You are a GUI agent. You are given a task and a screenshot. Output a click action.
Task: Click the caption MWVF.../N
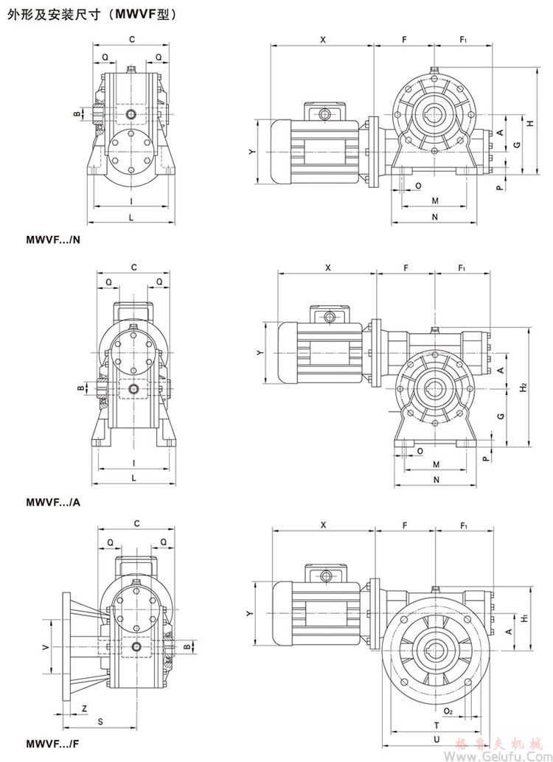click(x=53, y=240)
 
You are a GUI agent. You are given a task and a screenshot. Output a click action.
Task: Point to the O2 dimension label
click(x=448, y=711)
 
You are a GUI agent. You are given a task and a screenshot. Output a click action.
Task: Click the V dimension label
click(x=46, y=646)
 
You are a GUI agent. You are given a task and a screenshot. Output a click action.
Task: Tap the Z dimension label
click(x=83, y=708)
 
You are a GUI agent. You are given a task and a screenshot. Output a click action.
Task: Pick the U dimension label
click(x=437, y=738)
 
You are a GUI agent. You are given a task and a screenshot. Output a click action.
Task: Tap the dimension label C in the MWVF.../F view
click(x=136, y=524)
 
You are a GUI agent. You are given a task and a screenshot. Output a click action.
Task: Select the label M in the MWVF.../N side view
click(x=435, y=200)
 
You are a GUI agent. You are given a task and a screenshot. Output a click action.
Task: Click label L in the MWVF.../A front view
click(x=133, y=478)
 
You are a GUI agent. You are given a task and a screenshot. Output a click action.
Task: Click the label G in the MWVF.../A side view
click(x=501, y=416)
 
